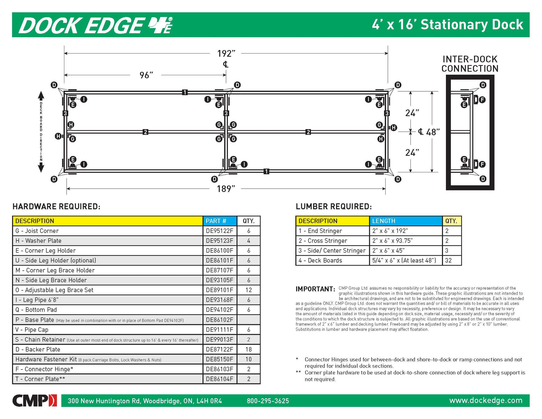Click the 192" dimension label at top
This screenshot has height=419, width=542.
click(226, 54)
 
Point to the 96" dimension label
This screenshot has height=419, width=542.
click(146, 75)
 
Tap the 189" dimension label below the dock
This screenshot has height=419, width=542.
click(226, 189)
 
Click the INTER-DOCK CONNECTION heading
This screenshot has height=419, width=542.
click(470, 64)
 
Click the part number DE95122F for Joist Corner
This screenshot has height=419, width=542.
click(219, 231)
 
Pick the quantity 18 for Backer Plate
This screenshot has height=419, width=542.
click(248, 349)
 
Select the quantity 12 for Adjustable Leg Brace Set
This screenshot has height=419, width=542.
click(248, 290)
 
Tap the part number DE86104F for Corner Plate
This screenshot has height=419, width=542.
click(219, 379)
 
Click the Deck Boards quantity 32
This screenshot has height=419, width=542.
click(448, 260)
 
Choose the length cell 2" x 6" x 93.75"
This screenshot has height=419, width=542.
click(392, 241)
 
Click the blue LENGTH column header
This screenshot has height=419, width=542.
click(383, 221)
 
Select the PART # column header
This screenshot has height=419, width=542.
click(216, 221)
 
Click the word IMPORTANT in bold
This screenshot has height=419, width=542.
click(315, 289)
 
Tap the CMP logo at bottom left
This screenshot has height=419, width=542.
click(34, 400)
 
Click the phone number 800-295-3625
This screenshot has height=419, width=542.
click(268, 401)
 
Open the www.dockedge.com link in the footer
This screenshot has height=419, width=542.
click(486, 400)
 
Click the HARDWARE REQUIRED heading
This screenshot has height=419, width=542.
click(56, 207)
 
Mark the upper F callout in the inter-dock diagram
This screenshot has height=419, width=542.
click(482, 100)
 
